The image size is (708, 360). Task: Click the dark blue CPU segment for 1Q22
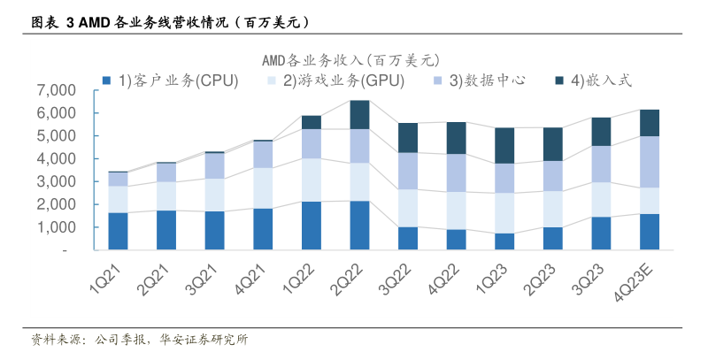[x=311, y=226]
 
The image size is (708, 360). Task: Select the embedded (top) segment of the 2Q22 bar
[x=359, y=114]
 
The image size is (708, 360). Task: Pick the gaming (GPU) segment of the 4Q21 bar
[x=263, y=188]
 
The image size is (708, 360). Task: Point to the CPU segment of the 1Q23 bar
[x=504, y=241]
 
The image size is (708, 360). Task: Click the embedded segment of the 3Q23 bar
[x=601, y=132]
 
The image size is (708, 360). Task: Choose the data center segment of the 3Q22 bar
[x=408, y=171]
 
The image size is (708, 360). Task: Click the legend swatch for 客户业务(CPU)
[x=106, y=80]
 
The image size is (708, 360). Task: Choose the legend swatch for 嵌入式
[x=560, y=80]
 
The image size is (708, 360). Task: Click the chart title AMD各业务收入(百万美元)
[x=350, y=60]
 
